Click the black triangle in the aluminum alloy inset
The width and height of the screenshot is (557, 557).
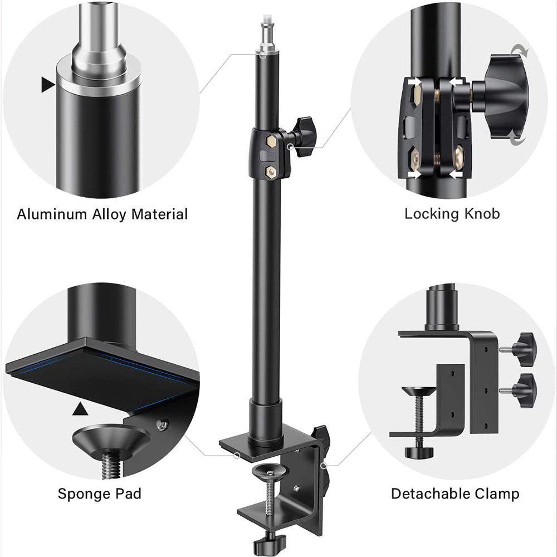[x=48, y=85]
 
